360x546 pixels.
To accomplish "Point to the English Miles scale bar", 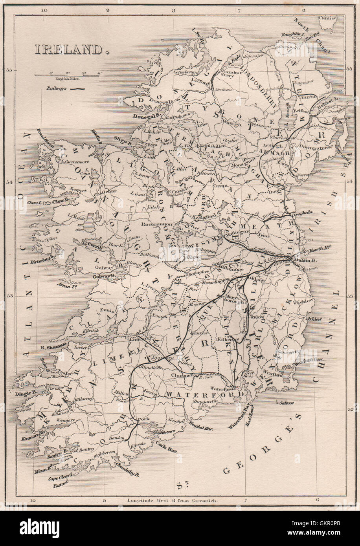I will click(68, 74).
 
